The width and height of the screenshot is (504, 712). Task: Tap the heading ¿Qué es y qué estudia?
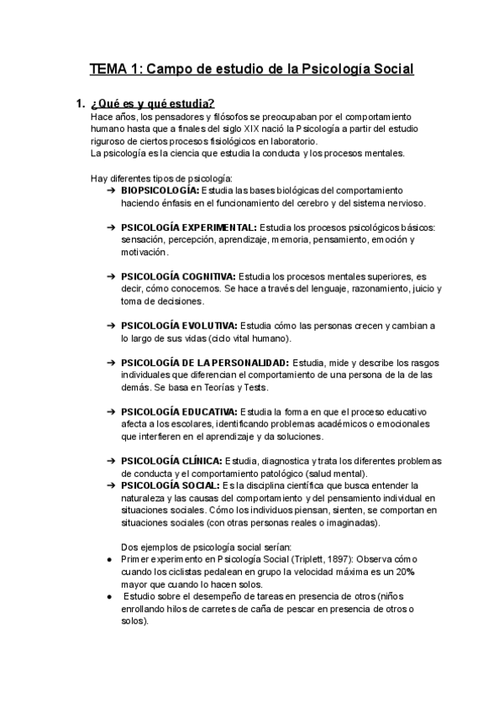(152, 104)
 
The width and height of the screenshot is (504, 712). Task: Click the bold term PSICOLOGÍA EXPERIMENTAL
(189, 228)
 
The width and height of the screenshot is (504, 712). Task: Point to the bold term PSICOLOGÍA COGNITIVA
(178, 276)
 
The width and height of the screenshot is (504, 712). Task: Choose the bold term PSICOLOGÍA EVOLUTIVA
(179, 326)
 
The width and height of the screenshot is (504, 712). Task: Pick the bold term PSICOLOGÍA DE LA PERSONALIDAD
(205, 362)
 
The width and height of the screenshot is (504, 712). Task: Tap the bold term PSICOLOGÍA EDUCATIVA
(179, 411)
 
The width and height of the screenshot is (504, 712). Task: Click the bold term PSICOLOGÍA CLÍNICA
(171, 461)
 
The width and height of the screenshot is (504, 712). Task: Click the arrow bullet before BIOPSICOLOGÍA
(112, 191)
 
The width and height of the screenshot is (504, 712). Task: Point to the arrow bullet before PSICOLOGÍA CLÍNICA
(112, 461)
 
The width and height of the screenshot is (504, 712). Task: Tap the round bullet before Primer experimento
(101, 559)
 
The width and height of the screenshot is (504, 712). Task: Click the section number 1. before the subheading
(81, 104)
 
